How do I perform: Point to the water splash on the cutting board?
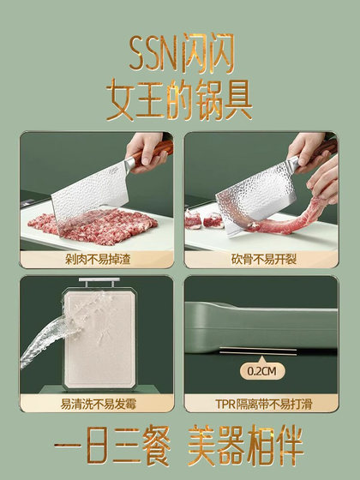pyautogui.click(x=43, y=343)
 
